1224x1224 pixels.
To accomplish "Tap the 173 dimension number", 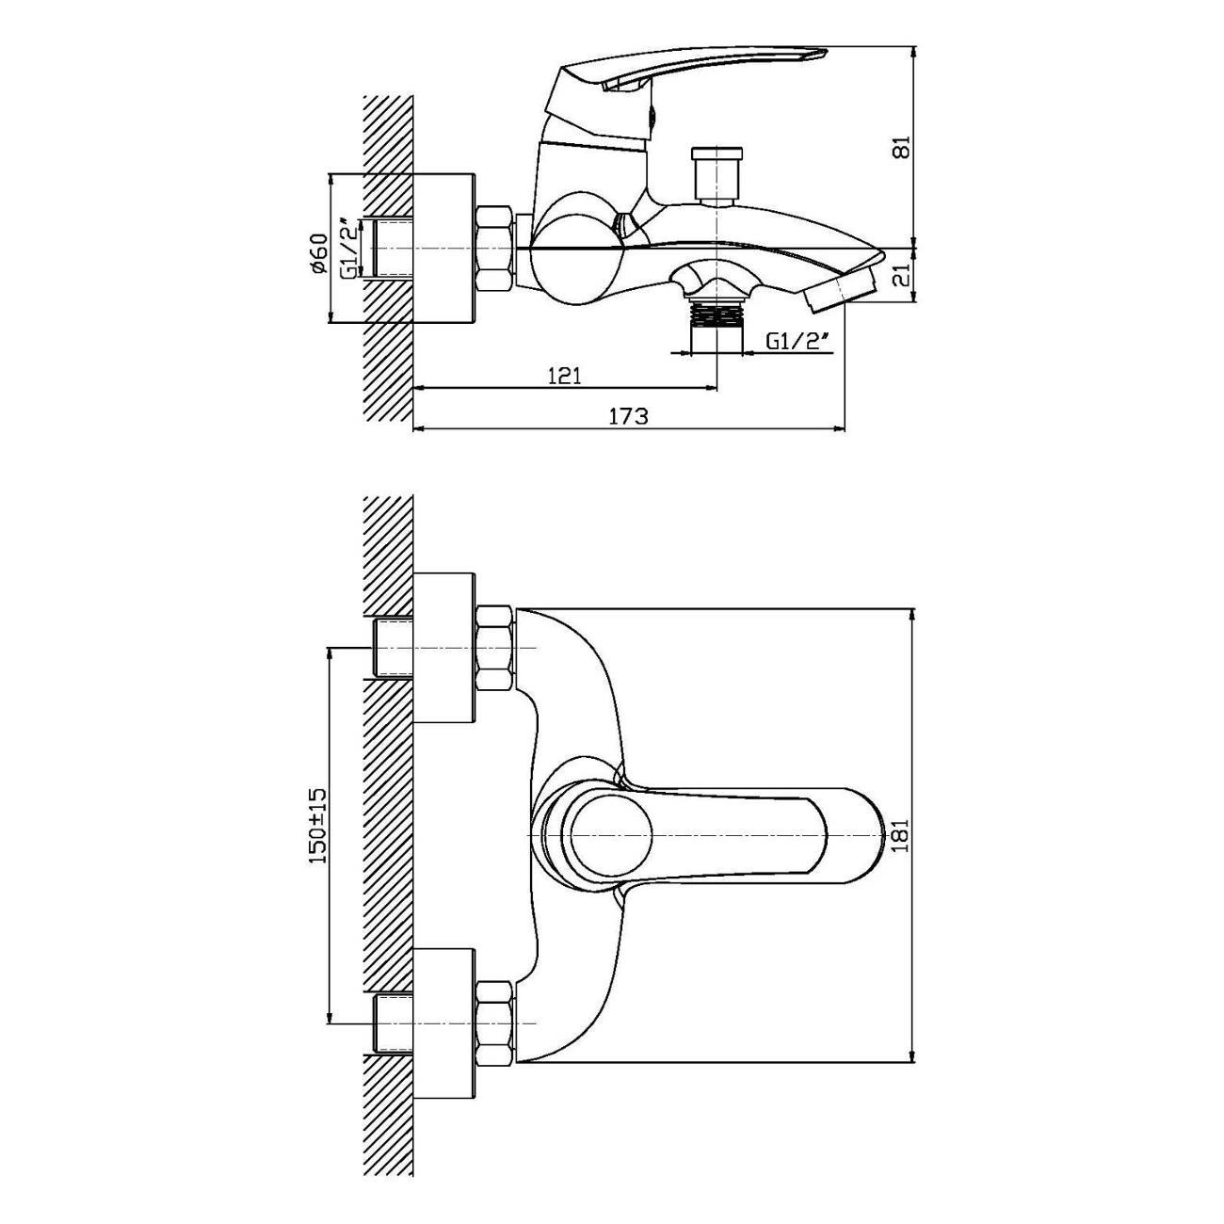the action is tap(629, 417).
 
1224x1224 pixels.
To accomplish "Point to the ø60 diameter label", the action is tap(319, 253).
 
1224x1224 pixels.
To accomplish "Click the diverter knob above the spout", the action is tap(717, 175).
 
